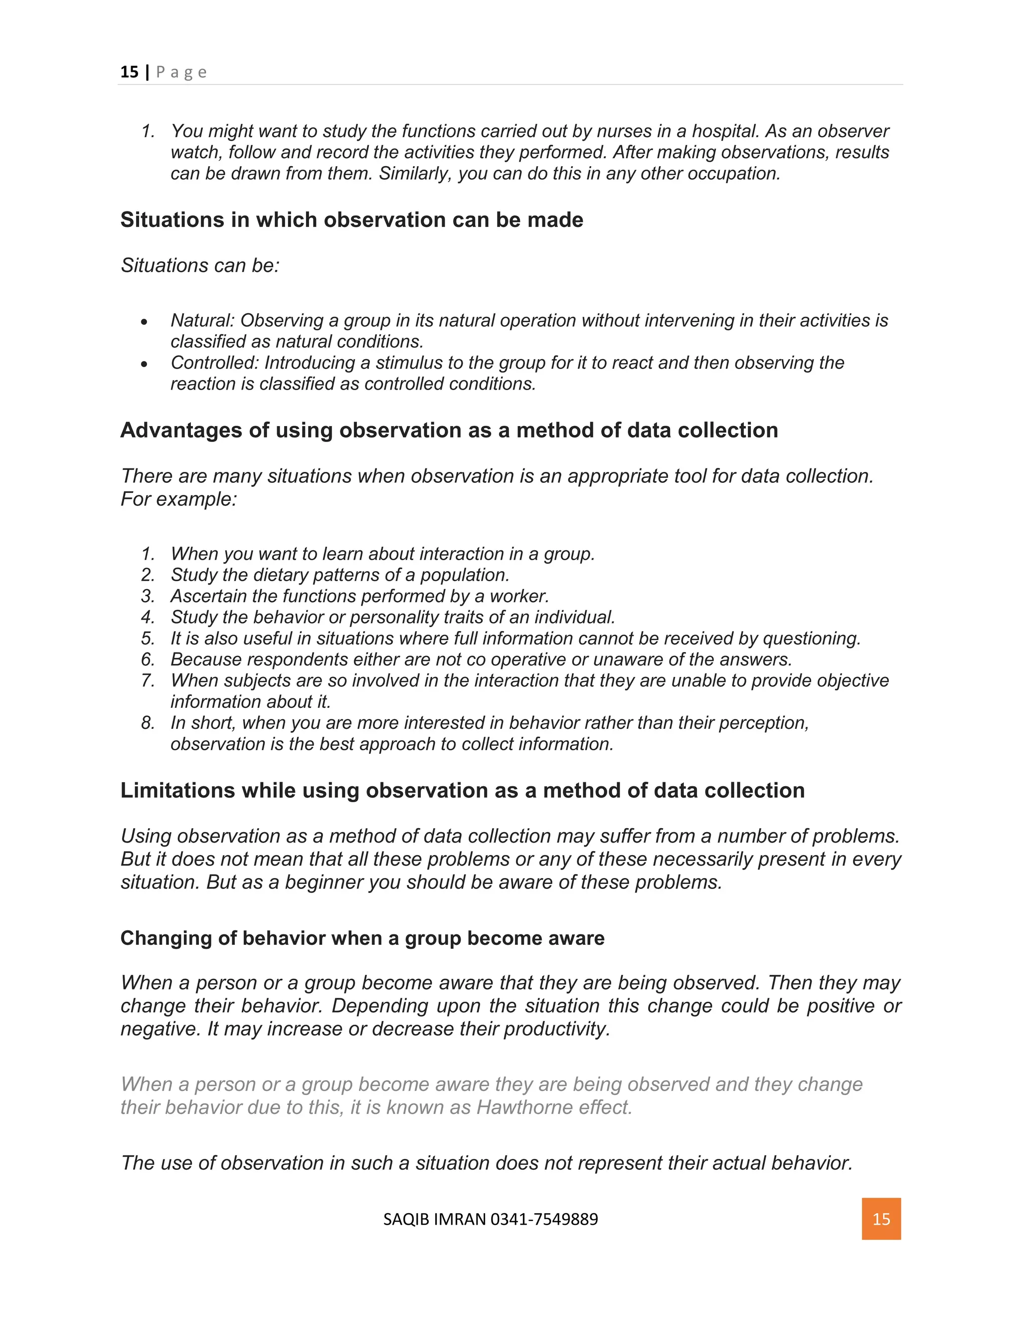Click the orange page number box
click(x=881, y=1219)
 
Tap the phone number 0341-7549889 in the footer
click(x=544, y=1219)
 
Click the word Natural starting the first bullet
click(x=202, y=320)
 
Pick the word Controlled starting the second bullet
click(x=215, y=363)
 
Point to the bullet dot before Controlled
click(x=144, y=364)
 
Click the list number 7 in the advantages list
click(x=147, y=680)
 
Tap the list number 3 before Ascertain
click(x=147, y=596)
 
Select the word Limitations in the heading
click(x=177, y=791)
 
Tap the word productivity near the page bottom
click(x=556, y=1029)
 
